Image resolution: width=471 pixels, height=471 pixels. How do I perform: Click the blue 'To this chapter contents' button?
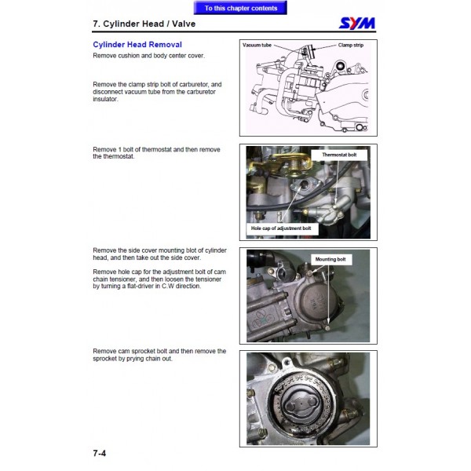(240, 8)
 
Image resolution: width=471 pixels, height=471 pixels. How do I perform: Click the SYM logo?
(357, 23)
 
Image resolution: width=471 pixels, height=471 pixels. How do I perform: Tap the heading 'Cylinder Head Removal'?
(137, 45)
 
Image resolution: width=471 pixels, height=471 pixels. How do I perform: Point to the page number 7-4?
(100, 453)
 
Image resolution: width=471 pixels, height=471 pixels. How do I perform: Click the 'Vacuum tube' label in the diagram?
(257, 45)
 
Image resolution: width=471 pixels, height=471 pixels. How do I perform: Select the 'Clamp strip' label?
(351, 45)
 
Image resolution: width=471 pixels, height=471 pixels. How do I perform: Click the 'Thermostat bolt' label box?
(339, 155)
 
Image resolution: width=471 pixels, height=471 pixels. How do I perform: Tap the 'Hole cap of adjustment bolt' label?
(281, 228)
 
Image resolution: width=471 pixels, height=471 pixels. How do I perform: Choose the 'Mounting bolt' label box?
(330, 259)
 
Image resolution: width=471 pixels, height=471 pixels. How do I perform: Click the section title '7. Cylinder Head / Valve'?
(144, 24)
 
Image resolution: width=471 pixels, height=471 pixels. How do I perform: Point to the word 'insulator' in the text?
(105, 99)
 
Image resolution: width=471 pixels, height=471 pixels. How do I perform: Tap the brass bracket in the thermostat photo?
(280, 163)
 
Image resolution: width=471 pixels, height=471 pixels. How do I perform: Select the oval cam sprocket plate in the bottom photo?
(301, 406)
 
